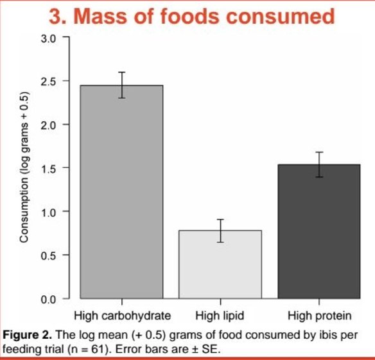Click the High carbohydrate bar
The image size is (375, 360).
click(x=121, y=193)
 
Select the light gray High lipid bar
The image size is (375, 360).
click(x=220, y=264)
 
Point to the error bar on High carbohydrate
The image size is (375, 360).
click(x=121, y=85)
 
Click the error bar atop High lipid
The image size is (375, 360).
click(x=220, y=230)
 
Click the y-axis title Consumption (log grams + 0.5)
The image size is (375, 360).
click(x=23, y=168)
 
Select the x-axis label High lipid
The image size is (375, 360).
click(x=220, y=316)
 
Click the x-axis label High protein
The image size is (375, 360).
click(x=319, y=316)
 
